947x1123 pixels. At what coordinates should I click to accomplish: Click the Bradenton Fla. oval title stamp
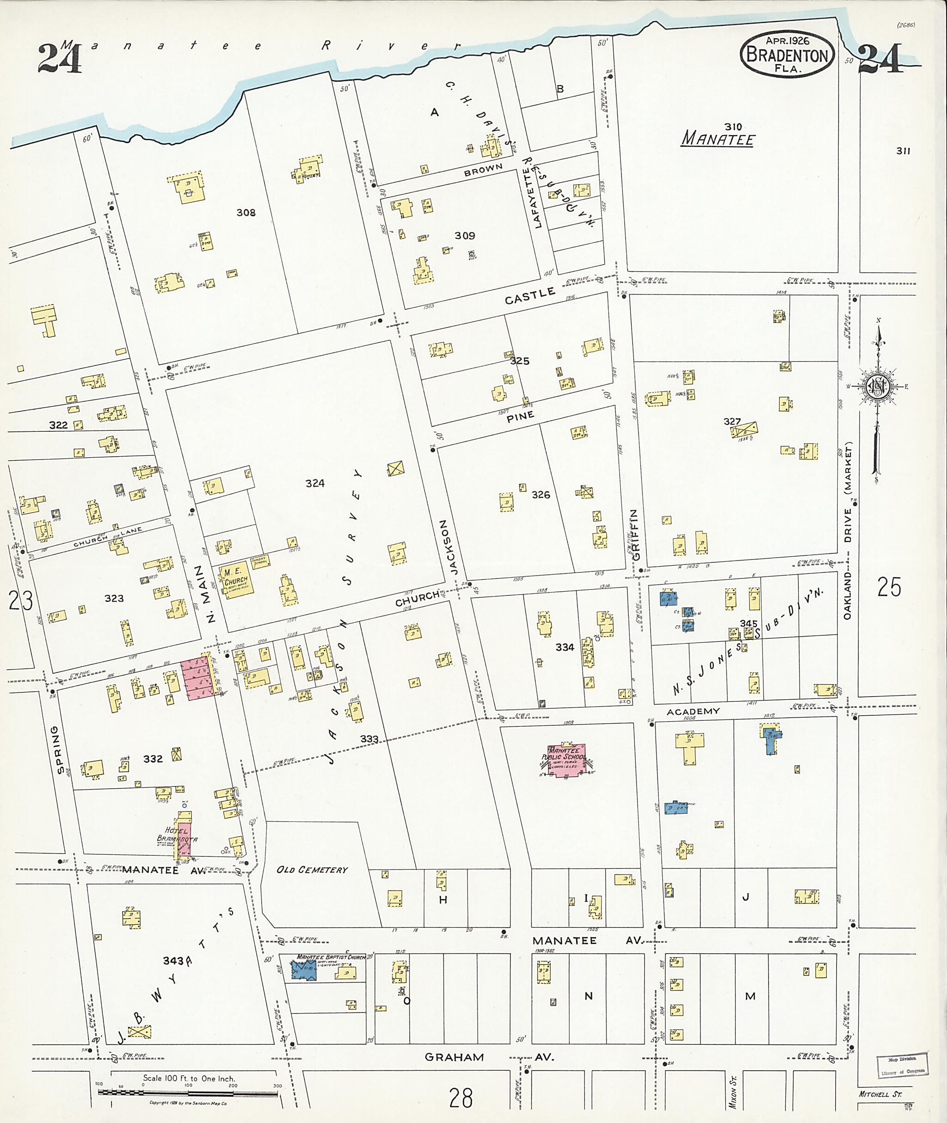click(787, 54)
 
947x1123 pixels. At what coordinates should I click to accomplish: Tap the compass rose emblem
click(877, 387)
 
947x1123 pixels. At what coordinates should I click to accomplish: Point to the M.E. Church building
click(236, 580)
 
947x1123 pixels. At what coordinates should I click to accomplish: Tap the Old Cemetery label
click(312, 870)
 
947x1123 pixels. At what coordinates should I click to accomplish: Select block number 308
click(246, 213)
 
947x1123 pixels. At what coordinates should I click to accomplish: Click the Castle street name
click(529, 296)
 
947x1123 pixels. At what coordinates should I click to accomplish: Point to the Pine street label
click(520, 416)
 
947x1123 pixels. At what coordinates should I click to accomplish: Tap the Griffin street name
click(635, 534)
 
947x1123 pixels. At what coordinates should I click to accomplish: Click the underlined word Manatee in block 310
click(718, 140)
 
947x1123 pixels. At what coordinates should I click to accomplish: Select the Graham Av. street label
click(489, 1057)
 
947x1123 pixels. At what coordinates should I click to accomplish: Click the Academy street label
click(693, 711)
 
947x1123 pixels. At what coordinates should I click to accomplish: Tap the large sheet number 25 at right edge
click(889, 587)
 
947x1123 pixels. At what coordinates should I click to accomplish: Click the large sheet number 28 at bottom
click(461, 1098)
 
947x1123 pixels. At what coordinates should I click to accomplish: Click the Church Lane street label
click(107, 537)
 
